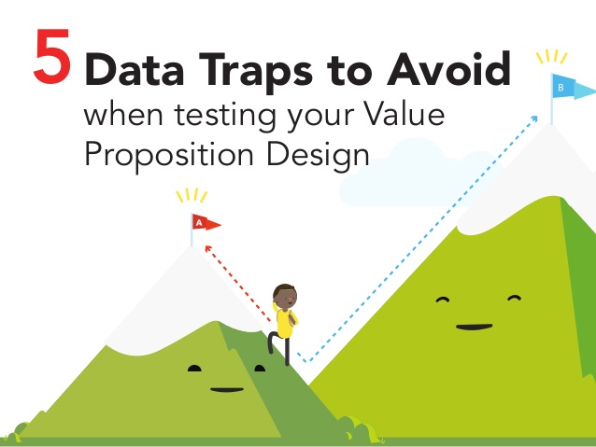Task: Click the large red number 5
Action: pyautogui.click(x=52, y=56)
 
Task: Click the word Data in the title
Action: pyautogui.click(x=135, y=69)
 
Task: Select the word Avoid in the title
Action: pyautogui.click(x=449, y=68)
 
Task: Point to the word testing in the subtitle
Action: pyautogui.click(x=225, y=116)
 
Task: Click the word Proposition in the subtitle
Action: pyautogui.click(x=169, y=156)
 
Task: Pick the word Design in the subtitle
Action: pyautogui.click(x=318, y=156)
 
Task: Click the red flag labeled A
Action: pyautogui.click(x=206, y=222)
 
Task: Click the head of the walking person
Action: pyautogui.click(x=285, y=296)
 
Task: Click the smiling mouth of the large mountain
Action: pyautogui.click(x=474, y=327)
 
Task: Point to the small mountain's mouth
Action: pyautogui.click(x=227, y=390)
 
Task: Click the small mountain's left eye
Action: pyautogui.click(x=194, y=368)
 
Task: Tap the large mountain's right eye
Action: pyautogui.click(x=514, y=299)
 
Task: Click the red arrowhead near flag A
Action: pyautogui.click(x=208, y=249)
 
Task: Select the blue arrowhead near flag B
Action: pyautogui.click(x=534, y=119)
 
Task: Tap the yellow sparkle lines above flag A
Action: pyautogui.click(x=192, y=196)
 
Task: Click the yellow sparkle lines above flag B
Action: pyautogui.click(x=551, y=57)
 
